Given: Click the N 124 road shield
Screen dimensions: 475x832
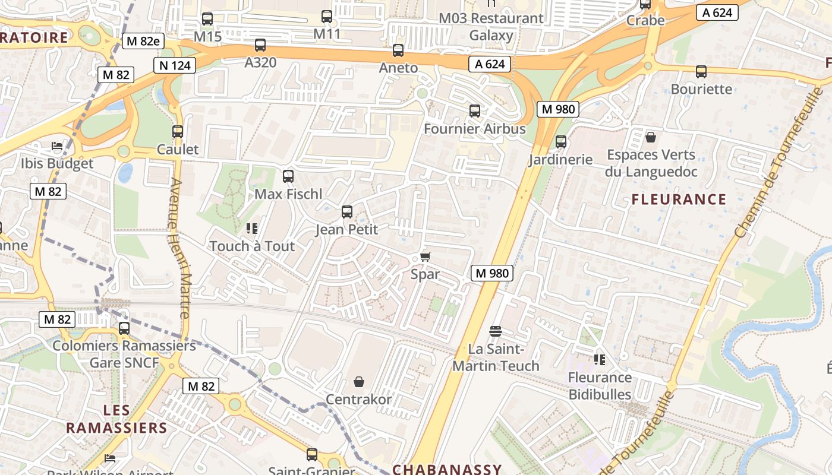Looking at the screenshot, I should [175, 65].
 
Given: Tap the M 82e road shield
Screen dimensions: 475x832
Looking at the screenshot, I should [143, 41].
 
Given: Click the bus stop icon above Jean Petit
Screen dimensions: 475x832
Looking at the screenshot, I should [347, 212].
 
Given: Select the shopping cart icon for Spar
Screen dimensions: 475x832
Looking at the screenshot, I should [425, 257].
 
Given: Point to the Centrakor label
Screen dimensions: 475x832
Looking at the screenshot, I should [358, 399].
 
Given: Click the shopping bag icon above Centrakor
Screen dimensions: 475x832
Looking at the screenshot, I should [359, 381].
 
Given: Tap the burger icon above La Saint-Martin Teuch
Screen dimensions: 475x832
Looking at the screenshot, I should [496, 331].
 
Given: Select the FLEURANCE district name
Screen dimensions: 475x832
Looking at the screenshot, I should [679, 199].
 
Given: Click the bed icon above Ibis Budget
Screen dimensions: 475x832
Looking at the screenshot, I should [57, 146].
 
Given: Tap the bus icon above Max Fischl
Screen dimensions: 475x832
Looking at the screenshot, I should [288, 176].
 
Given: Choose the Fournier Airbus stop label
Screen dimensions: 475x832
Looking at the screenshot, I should [474, 129].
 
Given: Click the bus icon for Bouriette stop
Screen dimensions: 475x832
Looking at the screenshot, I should [701, 72].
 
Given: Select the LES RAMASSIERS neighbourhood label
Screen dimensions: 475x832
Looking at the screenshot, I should [116, 419].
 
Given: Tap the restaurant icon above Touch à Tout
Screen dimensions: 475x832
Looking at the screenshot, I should [251, 229].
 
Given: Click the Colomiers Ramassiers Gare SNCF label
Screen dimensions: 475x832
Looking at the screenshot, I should [124, 354].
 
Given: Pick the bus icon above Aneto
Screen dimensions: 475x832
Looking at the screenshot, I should [398, 50].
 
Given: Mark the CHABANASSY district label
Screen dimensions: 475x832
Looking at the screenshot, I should [447, 469].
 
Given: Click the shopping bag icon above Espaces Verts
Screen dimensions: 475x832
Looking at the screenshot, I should [651, 138].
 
